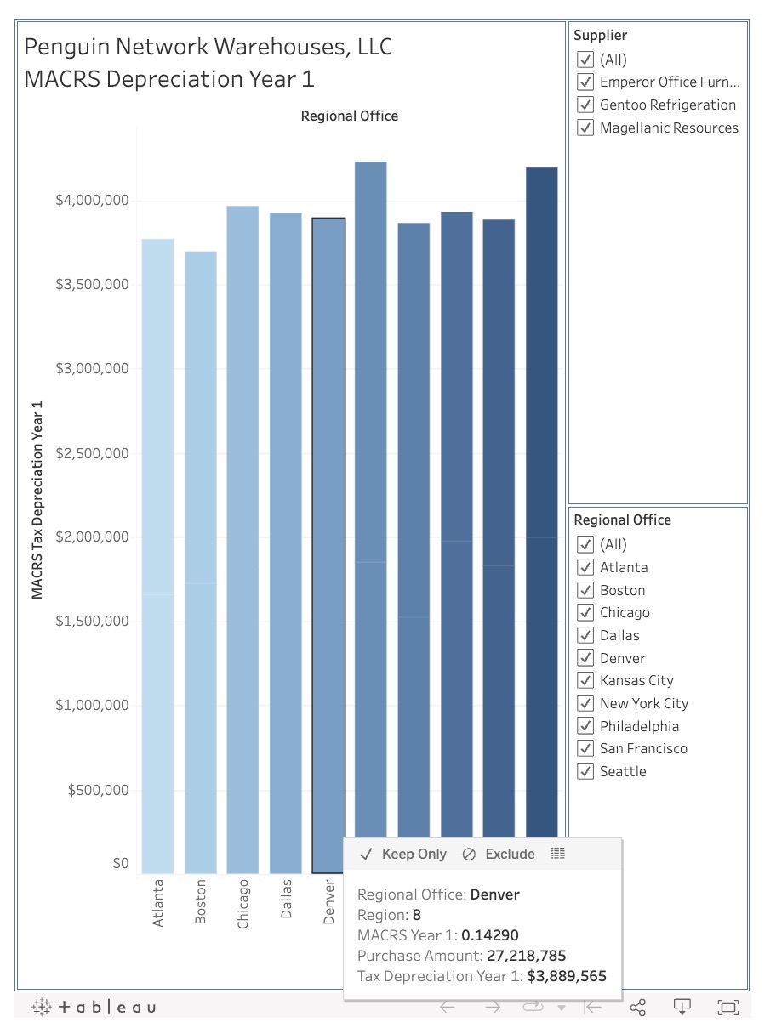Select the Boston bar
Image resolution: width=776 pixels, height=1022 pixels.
tap(200, 561)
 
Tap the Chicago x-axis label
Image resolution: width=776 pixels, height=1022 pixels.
tap(243, 903)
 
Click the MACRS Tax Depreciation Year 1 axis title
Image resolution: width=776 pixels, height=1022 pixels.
tap(37, 499)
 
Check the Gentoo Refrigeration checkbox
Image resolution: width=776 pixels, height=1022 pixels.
tap(585, 105)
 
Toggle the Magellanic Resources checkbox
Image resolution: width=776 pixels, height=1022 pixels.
tap(585, 128)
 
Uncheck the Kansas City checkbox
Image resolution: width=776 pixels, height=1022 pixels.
tap(585, 681)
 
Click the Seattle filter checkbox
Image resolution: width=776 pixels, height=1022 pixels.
tap(585, 772)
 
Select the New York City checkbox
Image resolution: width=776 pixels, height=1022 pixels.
tap(585, 704)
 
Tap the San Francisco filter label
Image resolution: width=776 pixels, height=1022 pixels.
tap(643, 749)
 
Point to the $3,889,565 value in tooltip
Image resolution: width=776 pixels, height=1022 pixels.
tap(567, 976)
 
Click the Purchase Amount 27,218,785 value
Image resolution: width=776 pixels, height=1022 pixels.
tap(514, 956)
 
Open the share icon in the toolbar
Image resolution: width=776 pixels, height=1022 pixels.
tap(638, 1008)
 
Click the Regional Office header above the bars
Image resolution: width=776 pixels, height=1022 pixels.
tap(349, 116)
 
